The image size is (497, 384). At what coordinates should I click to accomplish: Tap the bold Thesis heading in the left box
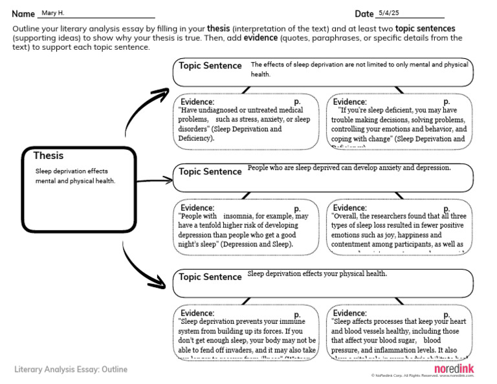[49, 156]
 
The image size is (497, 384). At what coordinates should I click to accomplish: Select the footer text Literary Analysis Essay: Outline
[71, 370]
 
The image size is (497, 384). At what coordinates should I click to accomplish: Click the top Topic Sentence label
[210, 66]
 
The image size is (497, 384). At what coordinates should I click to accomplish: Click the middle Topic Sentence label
[210, 172]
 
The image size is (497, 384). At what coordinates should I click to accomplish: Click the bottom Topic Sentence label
[210, 277]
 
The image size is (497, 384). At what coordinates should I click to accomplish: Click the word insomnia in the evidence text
[239, 216]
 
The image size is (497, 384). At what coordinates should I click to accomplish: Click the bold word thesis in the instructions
[218, 28]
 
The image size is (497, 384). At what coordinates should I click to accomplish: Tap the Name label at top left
[23, 14]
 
